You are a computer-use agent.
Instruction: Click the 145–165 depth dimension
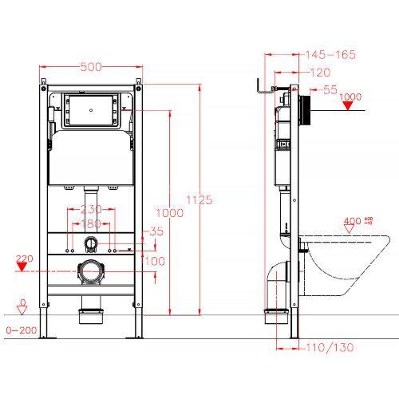(330, 55)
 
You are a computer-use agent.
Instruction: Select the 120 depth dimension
(318, 72)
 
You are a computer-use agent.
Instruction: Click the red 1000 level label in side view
(351, 97)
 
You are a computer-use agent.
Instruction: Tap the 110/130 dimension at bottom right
(329, 347)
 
